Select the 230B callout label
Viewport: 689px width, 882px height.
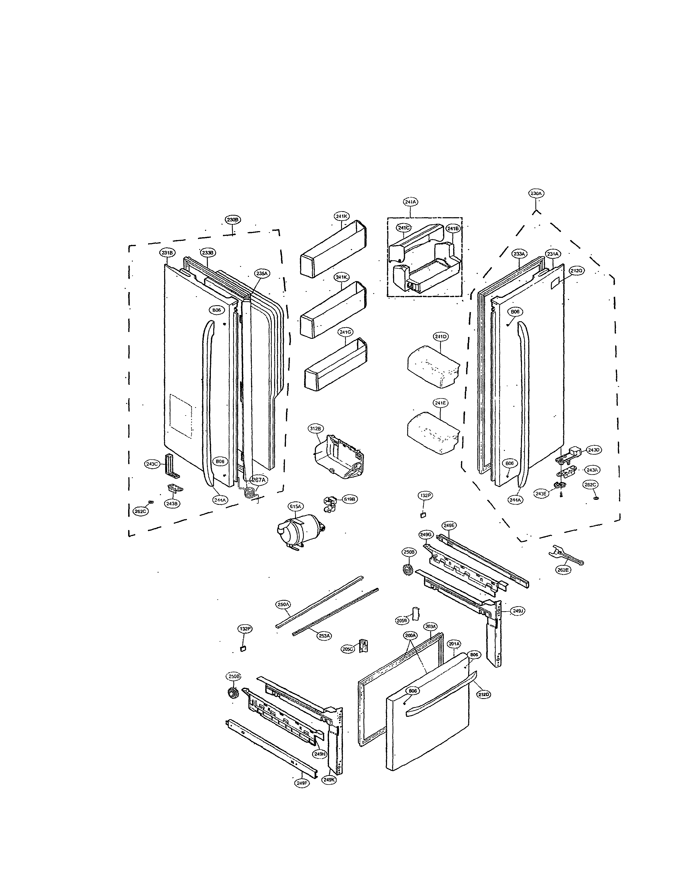click(233, 220)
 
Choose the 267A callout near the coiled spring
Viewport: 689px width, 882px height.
click(258, 480)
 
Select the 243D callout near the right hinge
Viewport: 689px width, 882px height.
click(594, 450)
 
